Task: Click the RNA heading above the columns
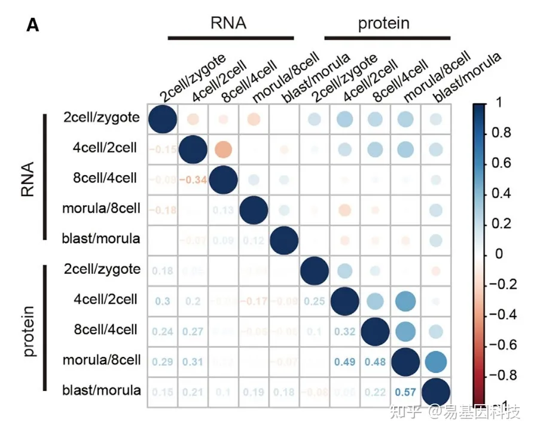(x=228, y=23)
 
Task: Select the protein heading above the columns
(x=384, y=23)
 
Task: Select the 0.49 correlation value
(x=344, y=361)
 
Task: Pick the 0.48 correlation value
(x=374, y=361)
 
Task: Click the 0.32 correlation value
(x=344, y=331)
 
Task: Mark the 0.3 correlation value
(x=161, y=300)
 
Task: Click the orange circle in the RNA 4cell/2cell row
(x=222, y=149)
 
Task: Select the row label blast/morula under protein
(x=102, y=391)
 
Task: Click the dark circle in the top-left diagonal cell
(x=161, y=118)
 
